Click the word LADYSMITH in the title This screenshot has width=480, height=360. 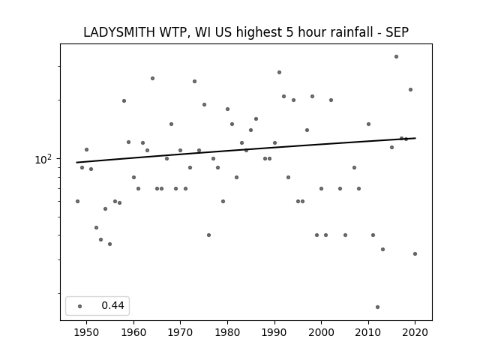coord(119,32)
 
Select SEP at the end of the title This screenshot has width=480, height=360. coord(397,32)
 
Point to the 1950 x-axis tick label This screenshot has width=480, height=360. coord(87,332)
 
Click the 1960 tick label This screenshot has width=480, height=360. coord(133,332)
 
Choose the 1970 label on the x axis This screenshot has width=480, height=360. coord(180,332)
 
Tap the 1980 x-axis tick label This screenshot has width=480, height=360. coord(227,332)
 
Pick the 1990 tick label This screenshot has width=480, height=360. coord(274,332)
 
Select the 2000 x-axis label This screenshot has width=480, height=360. coord(322,332)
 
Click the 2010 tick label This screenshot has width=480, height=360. coord(368,332)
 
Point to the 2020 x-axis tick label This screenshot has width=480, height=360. coord(415,332)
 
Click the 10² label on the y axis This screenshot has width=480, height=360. coord(43,159)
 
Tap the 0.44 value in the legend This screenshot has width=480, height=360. coord(112,305)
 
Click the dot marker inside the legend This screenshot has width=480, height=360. coord(80,306)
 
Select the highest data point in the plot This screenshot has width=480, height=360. coord(397,57)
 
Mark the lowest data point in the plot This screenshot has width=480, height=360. coord(377,307)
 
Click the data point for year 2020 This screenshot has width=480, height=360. coord(415,253)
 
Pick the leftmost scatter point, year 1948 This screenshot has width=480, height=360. coord(77,201)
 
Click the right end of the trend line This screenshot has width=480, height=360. coord(415,138)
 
